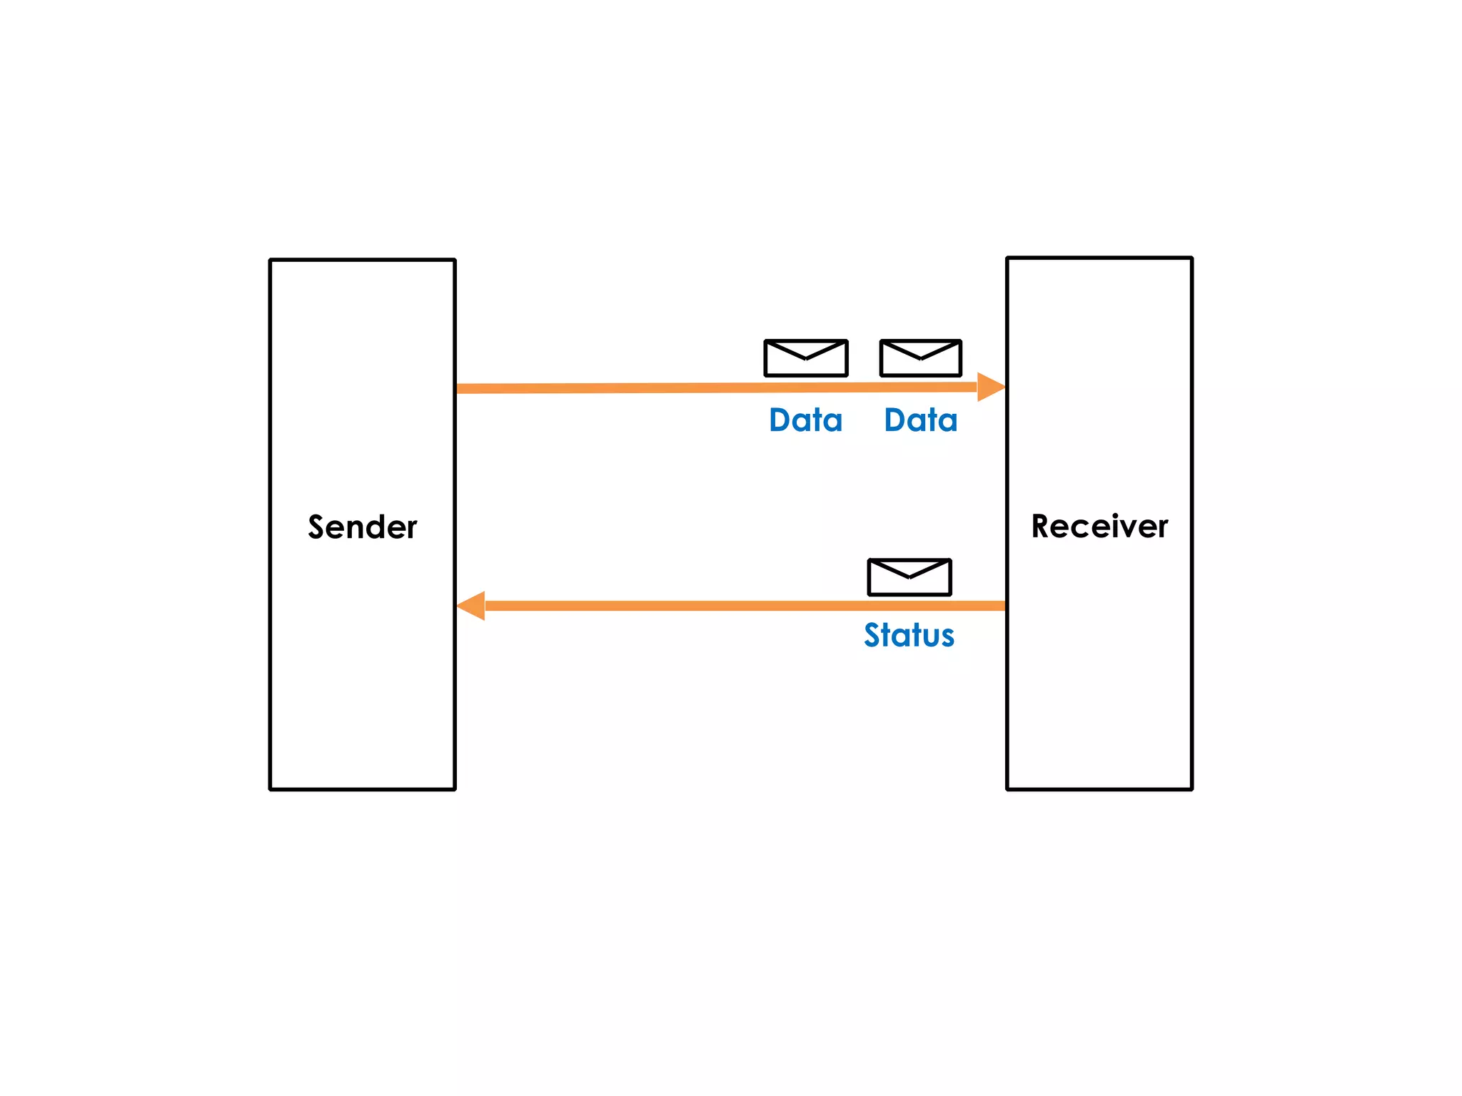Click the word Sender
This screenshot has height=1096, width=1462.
pyautogui.click(x=362, y=527)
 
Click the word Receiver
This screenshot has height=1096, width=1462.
pyautogui.click(x=1099, y=527)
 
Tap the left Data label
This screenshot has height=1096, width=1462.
pyautogui.click(x=805, y=420)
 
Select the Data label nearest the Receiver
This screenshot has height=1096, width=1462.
pyautogui.click(x=920, y=420)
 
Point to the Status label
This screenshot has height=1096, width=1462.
pyautogui.click(x=909, y=635)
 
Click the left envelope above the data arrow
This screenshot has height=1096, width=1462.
pyautogui.click(x=805, y=358)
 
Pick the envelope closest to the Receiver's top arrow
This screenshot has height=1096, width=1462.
pyautogui.click(x=920, y=358)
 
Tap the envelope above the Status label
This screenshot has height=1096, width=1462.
pyautogui.click(x=909, y=577)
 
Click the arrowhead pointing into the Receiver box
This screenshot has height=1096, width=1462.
pyautogui.click(x=991, y=387)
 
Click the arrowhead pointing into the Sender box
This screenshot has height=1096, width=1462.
pyautogui.click(x=471, y=606)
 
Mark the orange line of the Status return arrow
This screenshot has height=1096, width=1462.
pyautogui.click(x=714, y=606)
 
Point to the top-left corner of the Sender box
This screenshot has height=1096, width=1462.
pyautogui.click(x=271, y=260)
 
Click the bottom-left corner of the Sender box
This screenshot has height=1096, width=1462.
pyautogui.click(x=271, y=788)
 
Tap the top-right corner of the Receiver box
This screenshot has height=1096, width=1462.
pyautogui.click(x=1191, y=258)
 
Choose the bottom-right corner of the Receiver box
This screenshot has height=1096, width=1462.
pyautogui.click(x=1191, y=788)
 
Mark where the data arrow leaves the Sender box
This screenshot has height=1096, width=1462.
pyautogui.click(x=458, y=389)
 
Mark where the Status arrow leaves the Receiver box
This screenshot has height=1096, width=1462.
pyautogui.click(x=1004, y=606)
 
